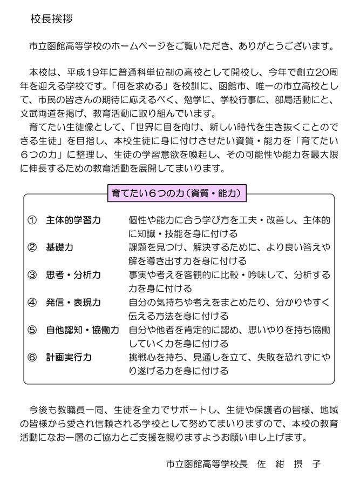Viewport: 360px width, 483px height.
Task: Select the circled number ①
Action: pos(31,220)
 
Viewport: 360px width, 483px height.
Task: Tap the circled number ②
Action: pos(31,248)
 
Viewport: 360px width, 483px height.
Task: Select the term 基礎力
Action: pos(59,248)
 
